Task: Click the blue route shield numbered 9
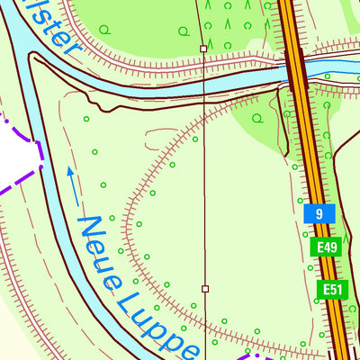319,214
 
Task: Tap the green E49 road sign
326,247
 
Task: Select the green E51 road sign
332,289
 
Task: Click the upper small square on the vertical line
204,49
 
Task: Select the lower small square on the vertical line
205,289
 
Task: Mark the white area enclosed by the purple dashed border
16,155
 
